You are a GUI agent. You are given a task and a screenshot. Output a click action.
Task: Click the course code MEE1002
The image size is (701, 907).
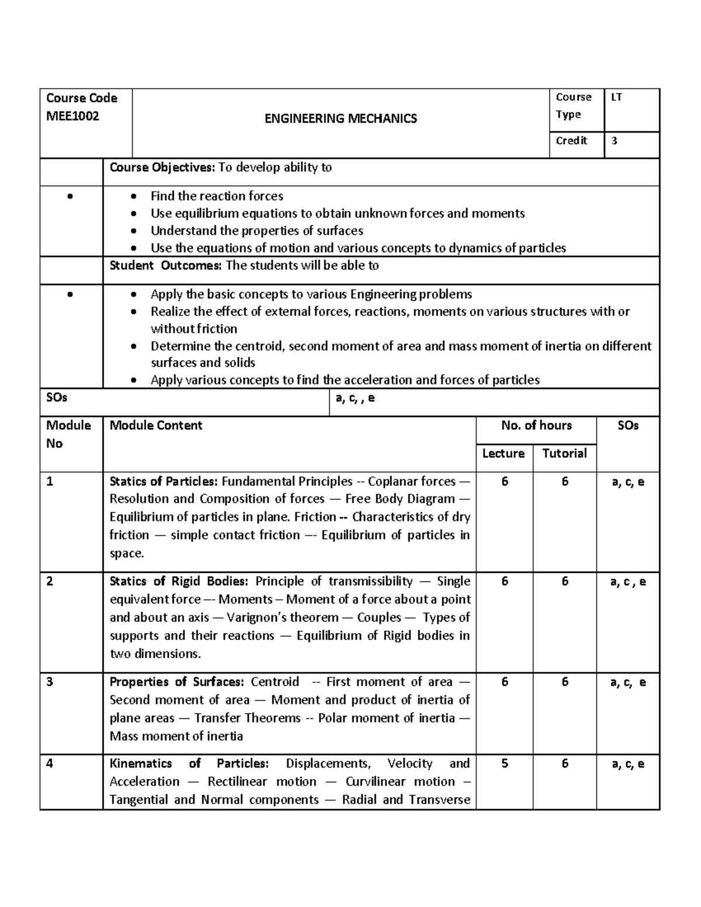[72, 116]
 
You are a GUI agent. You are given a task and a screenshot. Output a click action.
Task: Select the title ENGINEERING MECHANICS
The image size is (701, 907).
[341, 119]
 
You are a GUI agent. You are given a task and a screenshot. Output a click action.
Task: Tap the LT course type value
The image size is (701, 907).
[616, 98]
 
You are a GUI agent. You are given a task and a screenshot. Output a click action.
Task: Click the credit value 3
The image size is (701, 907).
[614, 141]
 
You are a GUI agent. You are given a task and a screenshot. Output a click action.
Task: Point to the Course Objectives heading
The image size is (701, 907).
[163, 168]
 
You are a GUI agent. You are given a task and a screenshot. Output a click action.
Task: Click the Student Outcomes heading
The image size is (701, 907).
[166, 266]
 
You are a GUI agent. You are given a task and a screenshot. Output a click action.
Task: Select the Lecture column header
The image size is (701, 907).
[503, 454]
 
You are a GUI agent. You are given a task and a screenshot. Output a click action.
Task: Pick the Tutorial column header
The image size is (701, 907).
[564, 454]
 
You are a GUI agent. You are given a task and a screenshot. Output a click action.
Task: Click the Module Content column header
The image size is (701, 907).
[156, 426]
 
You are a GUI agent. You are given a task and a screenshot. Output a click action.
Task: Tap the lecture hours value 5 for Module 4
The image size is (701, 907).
[505, 764]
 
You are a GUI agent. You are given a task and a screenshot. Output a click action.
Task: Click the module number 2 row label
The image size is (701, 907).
[50, 582]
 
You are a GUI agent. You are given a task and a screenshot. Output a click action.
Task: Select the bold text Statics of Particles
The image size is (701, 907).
[164, 482]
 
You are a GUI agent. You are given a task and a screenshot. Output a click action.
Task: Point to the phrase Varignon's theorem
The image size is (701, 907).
[283, 618]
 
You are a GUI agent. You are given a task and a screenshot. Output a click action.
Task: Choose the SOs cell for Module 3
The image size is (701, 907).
[628, 682]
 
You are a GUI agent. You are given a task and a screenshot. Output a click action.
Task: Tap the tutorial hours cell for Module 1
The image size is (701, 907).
[565, 482]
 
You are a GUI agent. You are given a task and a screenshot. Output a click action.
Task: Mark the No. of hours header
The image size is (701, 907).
[536, 426]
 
